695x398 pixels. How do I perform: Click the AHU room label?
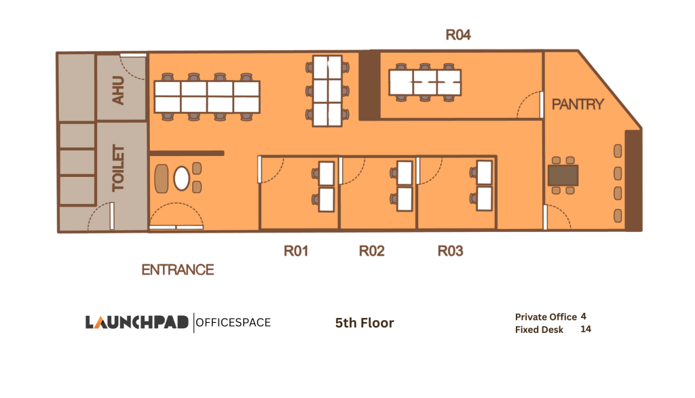click(x=118, y=91)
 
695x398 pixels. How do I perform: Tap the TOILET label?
click(x=118, y=167)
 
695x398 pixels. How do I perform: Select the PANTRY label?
click(x=578, y=104)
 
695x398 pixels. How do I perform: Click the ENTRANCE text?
click(x=178, y=270)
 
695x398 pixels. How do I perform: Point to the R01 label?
click(x=296, y=252)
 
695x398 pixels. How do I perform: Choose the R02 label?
click(x=372, y=252)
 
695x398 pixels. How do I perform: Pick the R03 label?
click(x=450, y=252)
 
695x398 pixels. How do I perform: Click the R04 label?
click(x=458, y=35)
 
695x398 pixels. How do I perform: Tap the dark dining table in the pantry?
click(x=563, y=175)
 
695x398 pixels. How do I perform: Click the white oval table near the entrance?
click(x=182, y=178)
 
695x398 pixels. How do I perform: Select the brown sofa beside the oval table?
click(x=162, y=178)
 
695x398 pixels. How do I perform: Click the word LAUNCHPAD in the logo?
click(x=137, y=322)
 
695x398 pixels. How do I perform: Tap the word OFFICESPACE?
click(x=233, y=322)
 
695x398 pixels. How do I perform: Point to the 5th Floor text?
click(x=364, y=323)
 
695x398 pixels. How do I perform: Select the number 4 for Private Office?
click(x=584, y=316)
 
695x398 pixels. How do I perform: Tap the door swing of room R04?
click(x=530, y=105)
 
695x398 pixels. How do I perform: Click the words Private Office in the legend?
click(x=546, y=317)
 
